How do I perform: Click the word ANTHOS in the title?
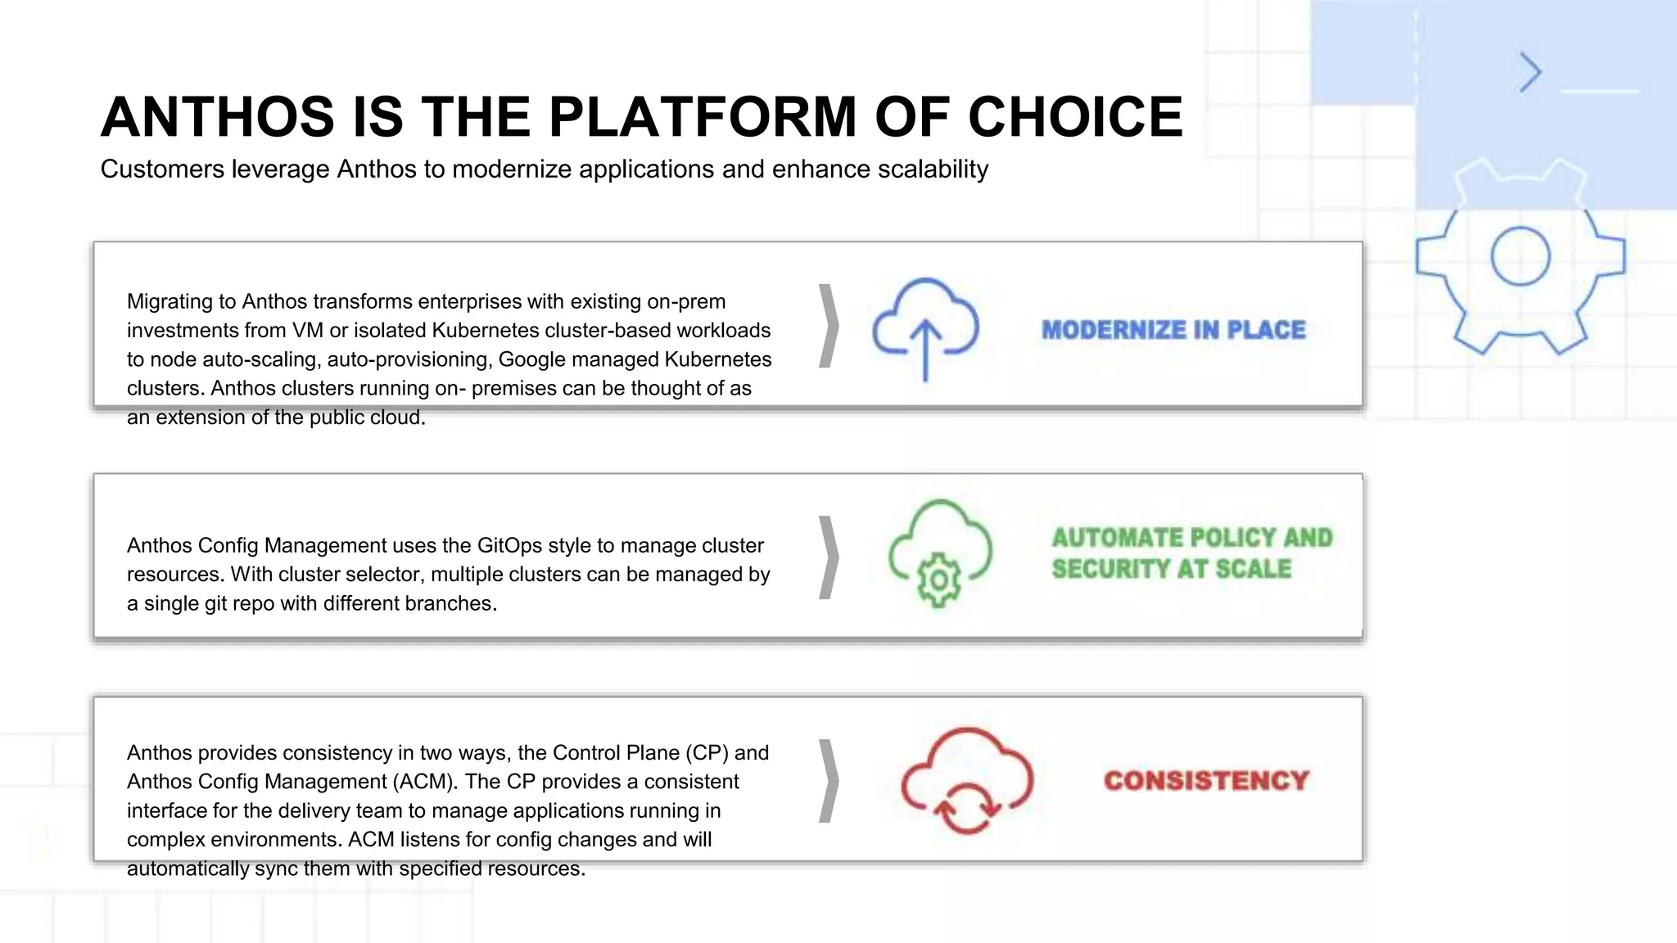tap(218, 116)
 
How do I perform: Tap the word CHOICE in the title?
tap(1075, 116)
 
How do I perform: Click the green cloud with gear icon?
tap(940, 554)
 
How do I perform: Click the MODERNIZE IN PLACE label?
tap(1173, 330)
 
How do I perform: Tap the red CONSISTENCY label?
tap(1206, 781)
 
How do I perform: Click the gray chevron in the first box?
tap(829, 326)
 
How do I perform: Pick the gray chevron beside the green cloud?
tap(829, 557)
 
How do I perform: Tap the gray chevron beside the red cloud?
tap(829, 780)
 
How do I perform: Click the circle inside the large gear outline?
tap(1520, 256)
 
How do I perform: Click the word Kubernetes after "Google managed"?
tap(718, 359)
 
